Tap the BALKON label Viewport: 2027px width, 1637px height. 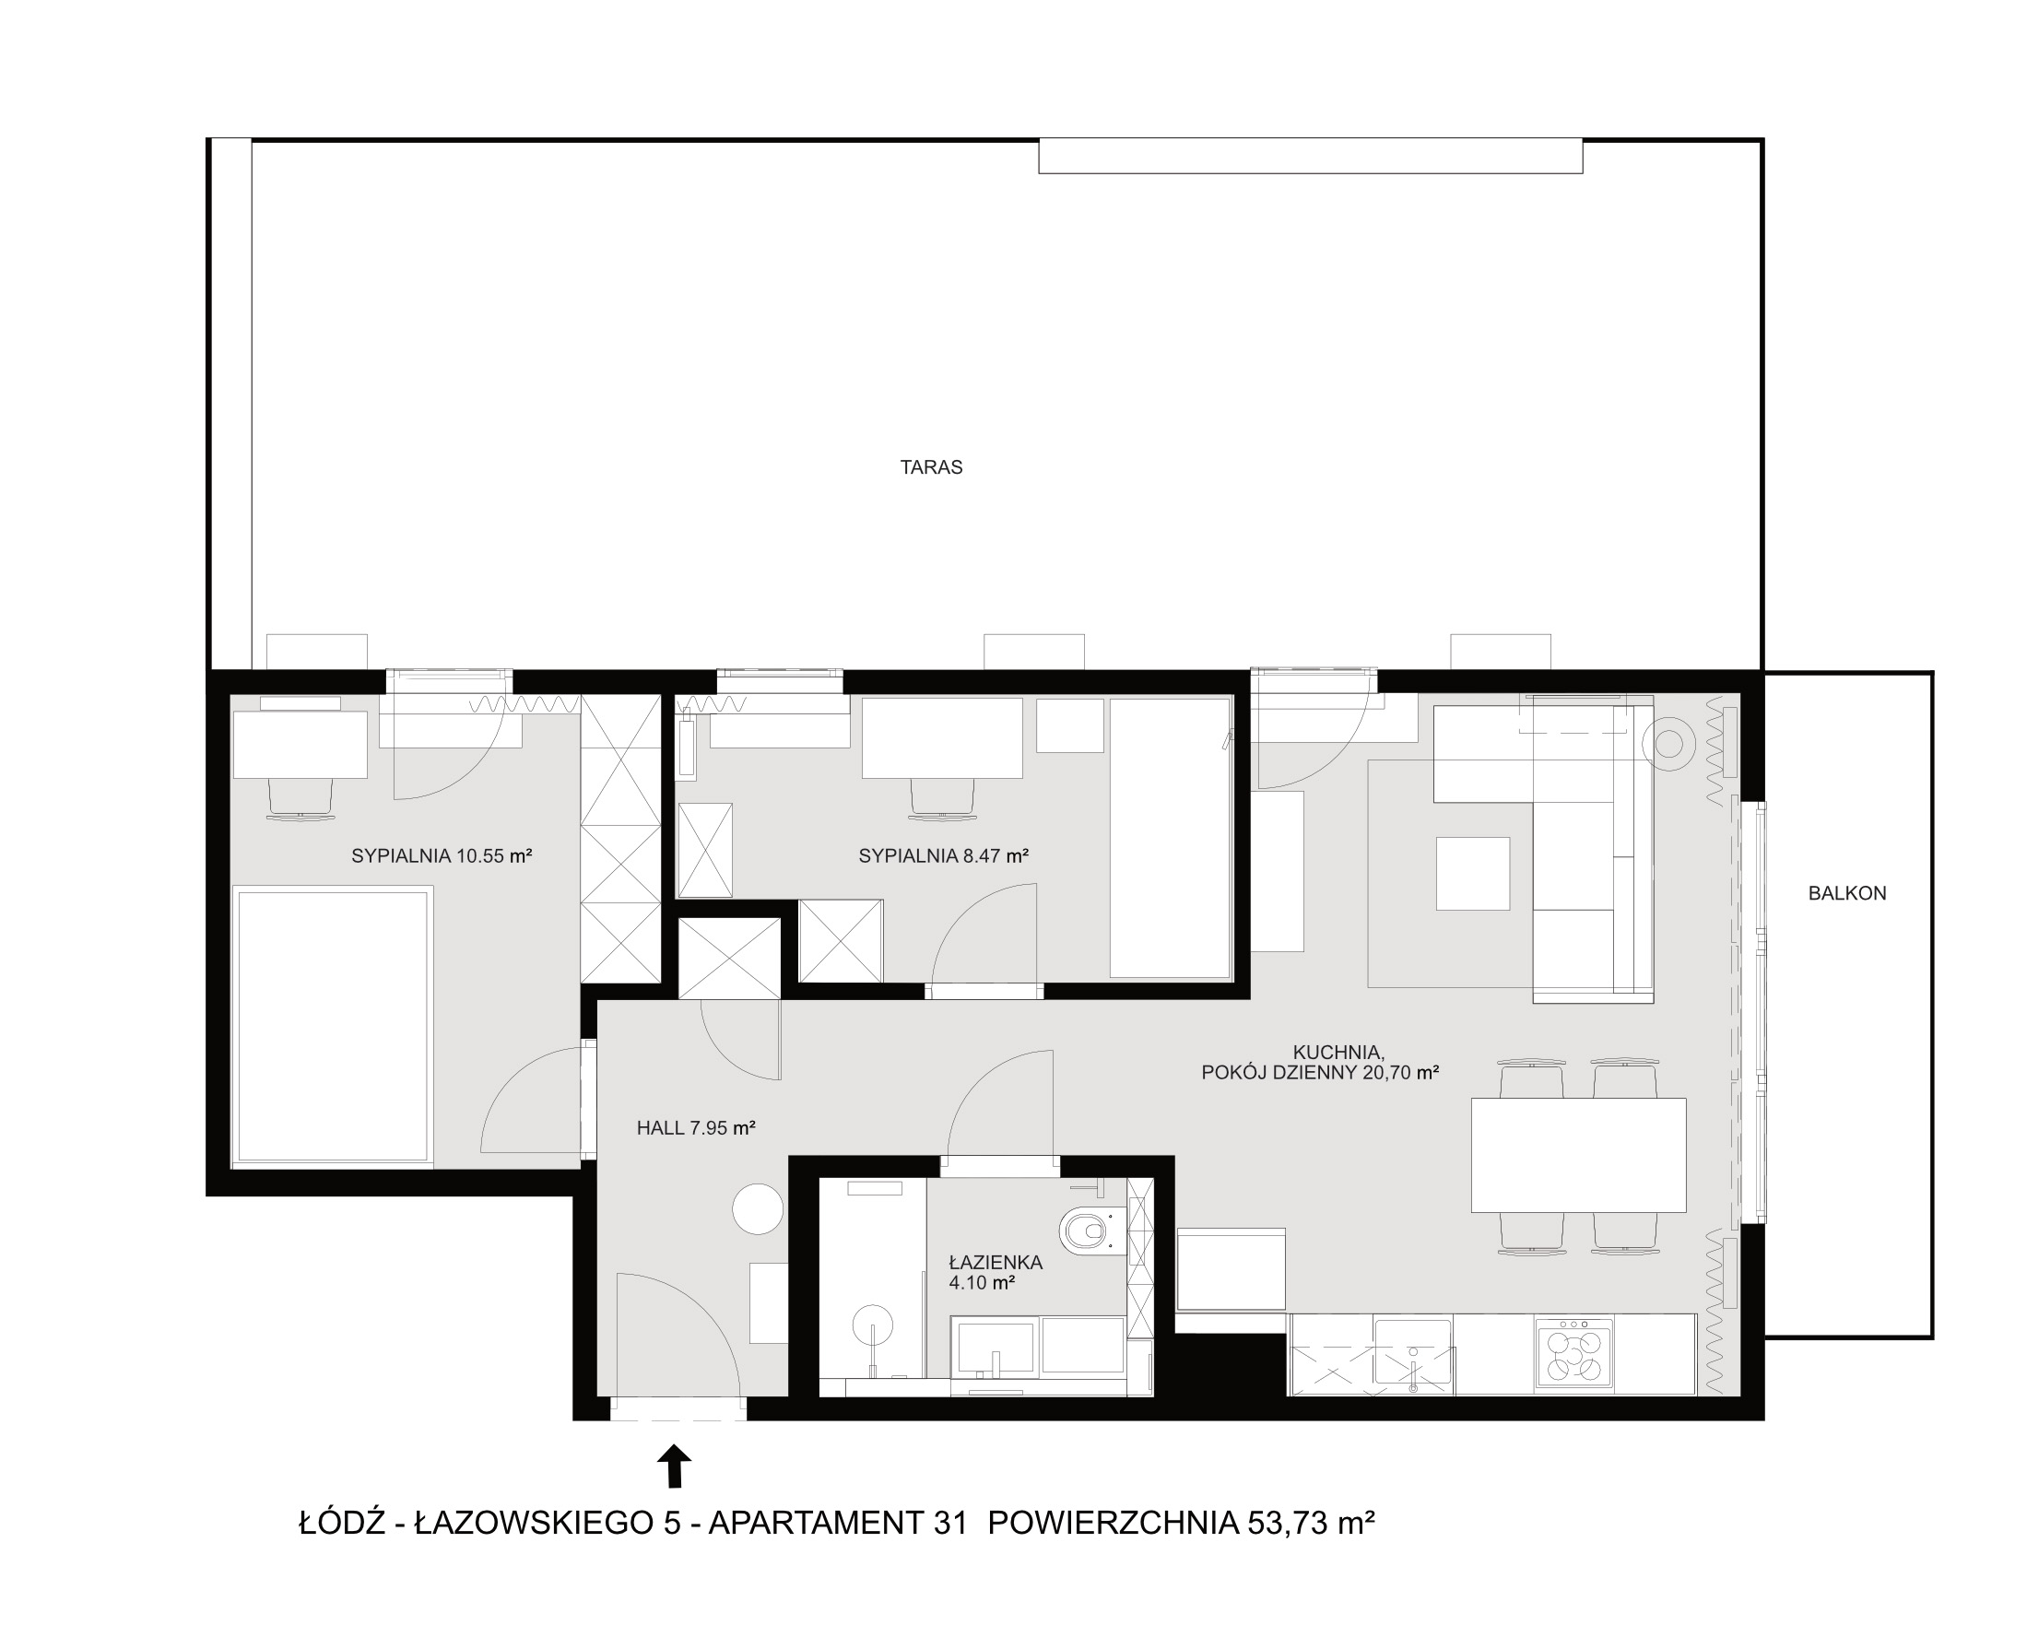tap(1847, 893)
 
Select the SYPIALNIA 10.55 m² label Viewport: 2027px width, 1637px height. tap(442, 856)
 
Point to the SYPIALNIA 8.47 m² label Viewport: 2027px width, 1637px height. tap(943, 856)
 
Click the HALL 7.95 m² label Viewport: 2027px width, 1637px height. tap(696, 1128)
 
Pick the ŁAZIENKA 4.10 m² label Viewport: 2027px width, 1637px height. tap(996, 1271)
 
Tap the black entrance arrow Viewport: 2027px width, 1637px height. tap(674, 1466)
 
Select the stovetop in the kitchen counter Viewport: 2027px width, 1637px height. tap(1573, 1354)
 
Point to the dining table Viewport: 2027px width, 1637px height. tap(1578, 1154)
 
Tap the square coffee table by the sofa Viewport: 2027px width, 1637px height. tap(1473, 873)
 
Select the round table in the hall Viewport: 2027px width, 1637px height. tap(758, 1209)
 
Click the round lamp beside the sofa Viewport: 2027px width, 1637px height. tap(1668, 744)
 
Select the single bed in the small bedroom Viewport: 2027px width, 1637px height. tap(1170, 837)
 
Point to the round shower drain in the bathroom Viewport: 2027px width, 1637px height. tap(872, 1324)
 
